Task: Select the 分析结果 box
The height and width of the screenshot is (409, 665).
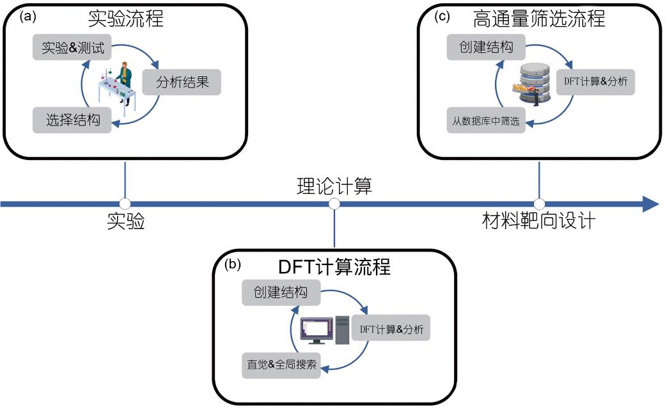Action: click(x=182, y=83)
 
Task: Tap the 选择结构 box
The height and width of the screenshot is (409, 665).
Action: click(x=72, y=120)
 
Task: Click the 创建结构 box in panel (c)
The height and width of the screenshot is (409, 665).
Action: click(x=485, y=47)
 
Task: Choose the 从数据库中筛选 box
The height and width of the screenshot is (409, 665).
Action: click(x=485, y=120)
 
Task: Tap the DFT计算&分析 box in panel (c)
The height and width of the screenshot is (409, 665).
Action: click(x=595, y=82)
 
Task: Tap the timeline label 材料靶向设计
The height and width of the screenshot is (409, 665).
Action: click(x=539, y=221)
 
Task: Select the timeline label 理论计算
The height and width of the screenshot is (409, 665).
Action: click(x=334, y=188)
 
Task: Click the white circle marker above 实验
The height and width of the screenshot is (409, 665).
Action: click(x=125, y=204)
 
